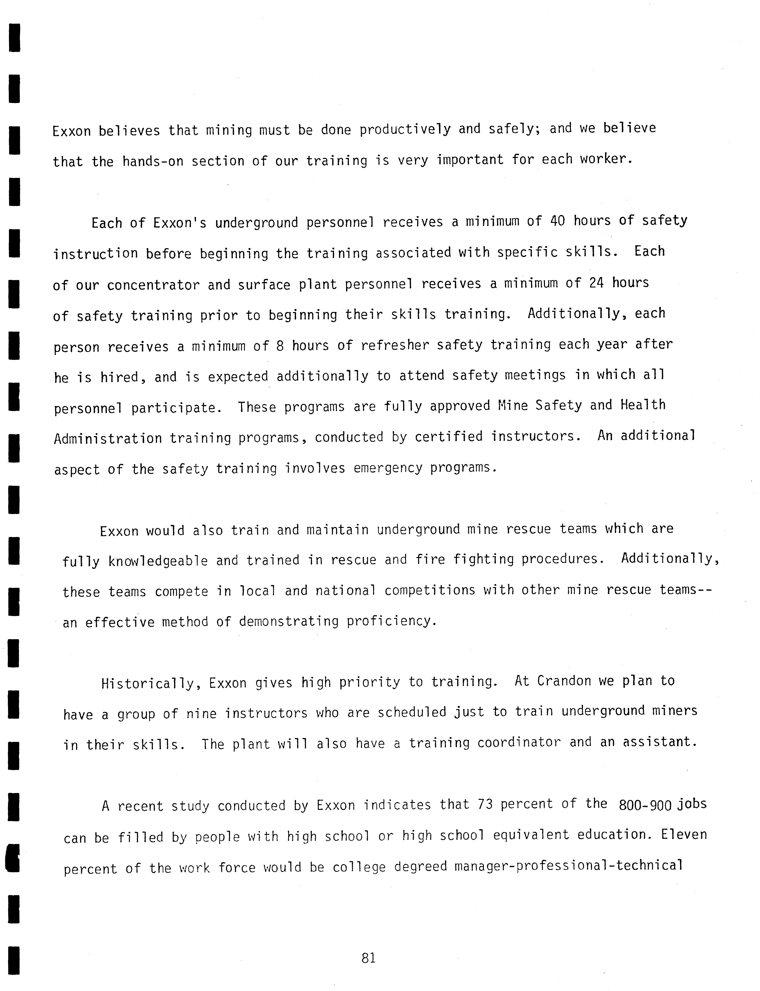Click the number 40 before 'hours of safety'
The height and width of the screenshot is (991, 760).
[x=557, y=221]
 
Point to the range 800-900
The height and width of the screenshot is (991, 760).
[x=645, y=805]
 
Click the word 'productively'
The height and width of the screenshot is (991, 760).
[x=405, y=130]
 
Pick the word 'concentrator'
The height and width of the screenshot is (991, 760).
[x=153, y=285]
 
